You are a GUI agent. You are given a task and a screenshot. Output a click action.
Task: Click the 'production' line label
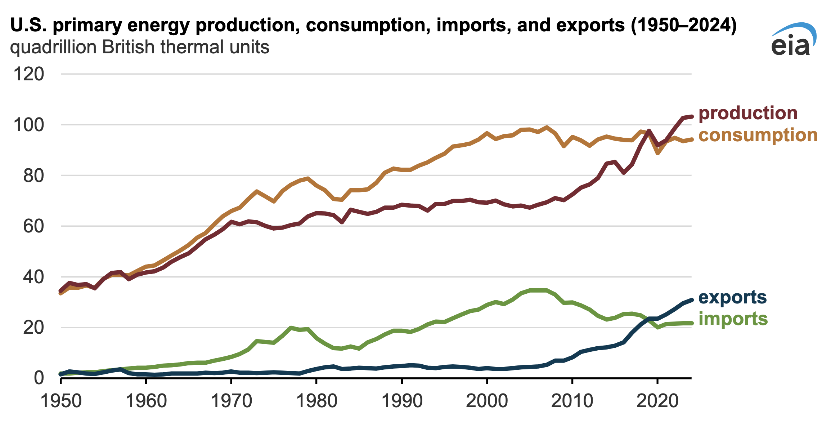pos(748,114)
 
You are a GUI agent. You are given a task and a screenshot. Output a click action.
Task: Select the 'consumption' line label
pos(758,136)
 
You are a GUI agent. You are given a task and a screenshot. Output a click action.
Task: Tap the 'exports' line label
pos(732,298)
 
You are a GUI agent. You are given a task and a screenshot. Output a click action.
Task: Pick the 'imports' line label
pos(733,319)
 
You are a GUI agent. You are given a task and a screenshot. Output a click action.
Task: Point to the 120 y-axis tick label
pos(28,75)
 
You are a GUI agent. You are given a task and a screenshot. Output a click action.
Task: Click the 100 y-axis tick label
pos(28,125)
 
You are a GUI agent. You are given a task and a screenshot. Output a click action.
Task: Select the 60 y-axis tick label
pos(33,227)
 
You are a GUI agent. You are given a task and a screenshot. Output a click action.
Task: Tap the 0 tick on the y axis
pos(39,378)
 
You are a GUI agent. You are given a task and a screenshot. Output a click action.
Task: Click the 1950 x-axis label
pos(61,401)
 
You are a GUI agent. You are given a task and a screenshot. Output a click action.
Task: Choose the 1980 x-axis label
pos(316,401)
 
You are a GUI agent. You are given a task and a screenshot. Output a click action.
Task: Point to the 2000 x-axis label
pos(487,401)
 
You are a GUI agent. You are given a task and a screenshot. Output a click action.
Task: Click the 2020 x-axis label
pos(657,401)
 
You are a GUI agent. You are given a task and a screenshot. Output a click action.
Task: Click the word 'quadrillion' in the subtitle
pos(53,48)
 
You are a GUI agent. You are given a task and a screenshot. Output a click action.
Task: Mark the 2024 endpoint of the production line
pos(691,116)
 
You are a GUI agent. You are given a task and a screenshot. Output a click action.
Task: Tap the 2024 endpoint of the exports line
pos(691,300)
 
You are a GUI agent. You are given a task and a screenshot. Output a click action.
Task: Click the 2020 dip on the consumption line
pos(658,153)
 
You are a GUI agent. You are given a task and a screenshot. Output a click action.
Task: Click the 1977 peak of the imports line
pos(291,328)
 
